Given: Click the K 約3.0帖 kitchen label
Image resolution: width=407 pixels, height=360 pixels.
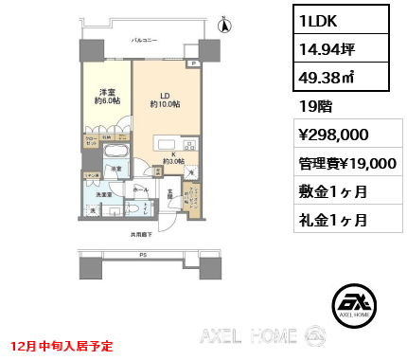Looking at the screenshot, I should click(173, 156).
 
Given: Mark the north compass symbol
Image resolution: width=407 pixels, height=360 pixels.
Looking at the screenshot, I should click(224, 26).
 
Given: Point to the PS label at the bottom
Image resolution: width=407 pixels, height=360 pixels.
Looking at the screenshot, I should click(142, 255).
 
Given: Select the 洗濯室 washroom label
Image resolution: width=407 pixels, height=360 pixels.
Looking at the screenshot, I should click(103, 194).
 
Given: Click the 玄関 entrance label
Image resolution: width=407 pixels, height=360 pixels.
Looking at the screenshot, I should click(171, 193).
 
